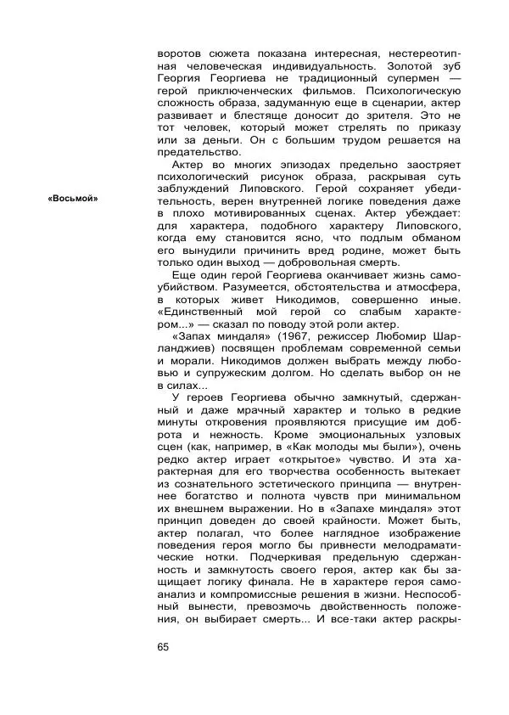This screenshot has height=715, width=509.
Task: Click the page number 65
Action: coord(164,647)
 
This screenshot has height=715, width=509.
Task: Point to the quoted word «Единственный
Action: coord(205,311)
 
